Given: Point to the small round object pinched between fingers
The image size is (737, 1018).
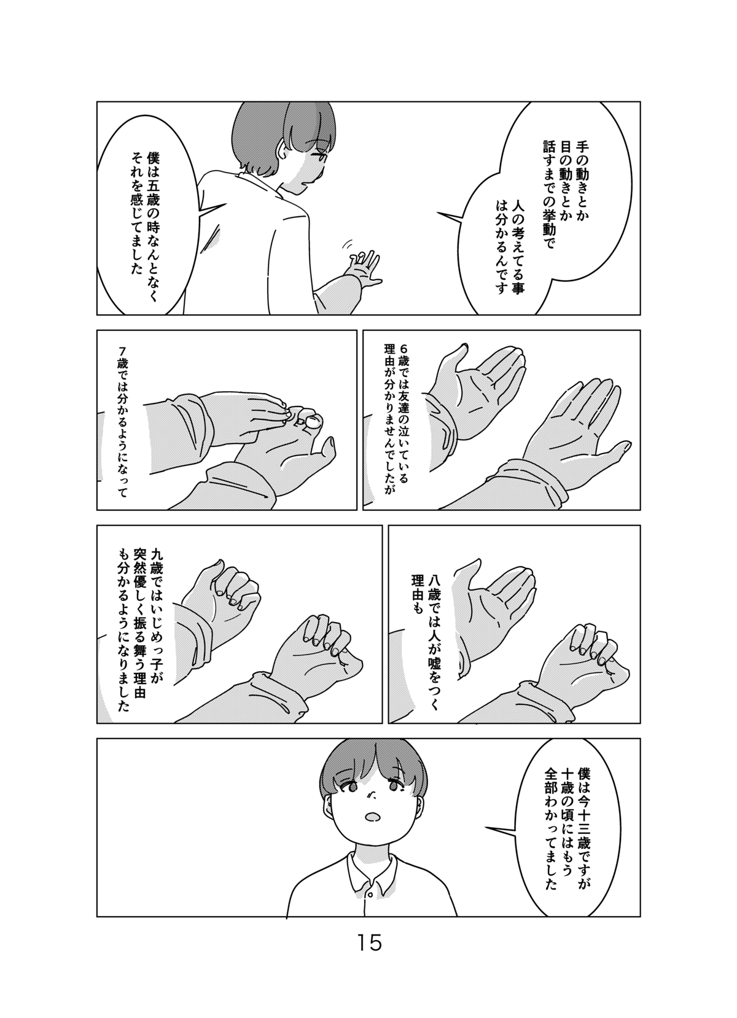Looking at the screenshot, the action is tap(313, 421).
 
